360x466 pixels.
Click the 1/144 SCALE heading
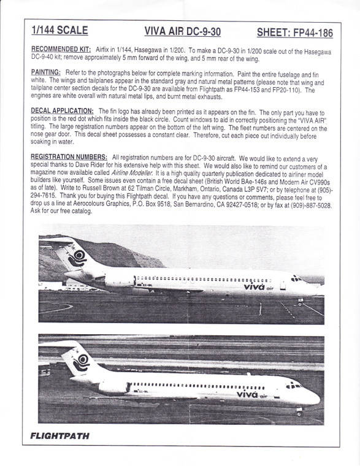pos(59,31)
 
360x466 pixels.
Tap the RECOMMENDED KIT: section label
pos(59,48)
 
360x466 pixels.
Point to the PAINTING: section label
pos(44,72)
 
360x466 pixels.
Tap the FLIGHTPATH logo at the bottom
pos(59,436)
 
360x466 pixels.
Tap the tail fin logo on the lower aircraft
pos(81,362)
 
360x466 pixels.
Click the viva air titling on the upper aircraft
pos(258,286)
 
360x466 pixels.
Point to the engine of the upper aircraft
pos(120,280)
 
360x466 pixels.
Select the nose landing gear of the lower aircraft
pos(299,410)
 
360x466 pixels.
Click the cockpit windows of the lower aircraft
pos(294,386)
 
